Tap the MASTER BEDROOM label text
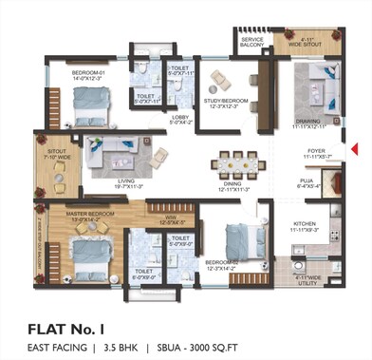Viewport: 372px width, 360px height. pyautogui.click(x=89, y=215)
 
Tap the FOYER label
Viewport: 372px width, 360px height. pyautogui.click(x=315, y=149)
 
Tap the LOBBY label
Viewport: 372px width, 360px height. pyautogui.click(x=180, y=119)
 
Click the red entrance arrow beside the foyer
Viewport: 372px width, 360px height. pyautogui.click(x=353, y=148)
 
